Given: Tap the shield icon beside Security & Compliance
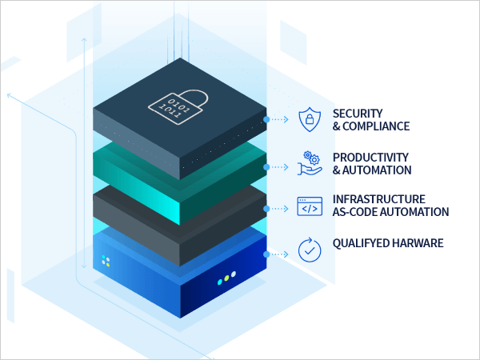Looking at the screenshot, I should click(x=308, y=119).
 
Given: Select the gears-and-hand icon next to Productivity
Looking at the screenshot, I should click(x=309, y=162).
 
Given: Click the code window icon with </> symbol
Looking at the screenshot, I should click(x=309, y=206).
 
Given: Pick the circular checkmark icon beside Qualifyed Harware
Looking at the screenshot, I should click(x=309, y=249).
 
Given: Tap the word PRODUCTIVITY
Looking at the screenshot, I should click(x=370, y=157).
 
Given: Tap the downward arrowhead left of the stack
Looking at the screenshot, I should click(x=84, y=267).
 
